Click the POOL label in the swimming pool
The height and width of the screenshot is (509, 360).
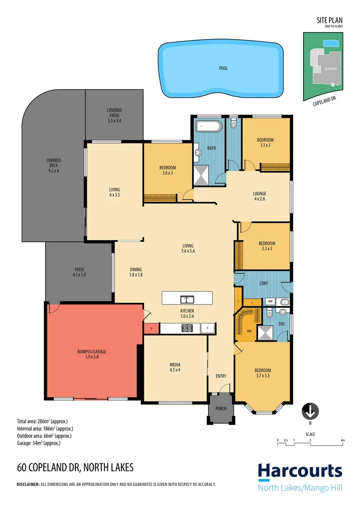pos(223,68)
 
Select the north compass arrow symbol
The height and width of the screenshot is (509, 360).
pos(310,411)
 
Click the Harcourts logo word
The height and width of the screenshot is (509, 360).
pos(300,471)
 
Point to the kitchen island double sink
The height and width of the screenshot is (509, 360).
pos(187,299)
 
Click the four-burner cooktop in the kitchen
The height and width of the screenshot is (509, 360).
pos(187,328)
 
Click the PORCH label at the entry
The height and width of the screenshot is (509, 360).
pos(221,409)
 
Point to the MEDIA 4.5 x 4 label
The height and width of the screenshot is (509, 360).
pos(175,367)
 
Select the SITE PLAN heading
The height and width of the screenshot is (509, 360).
pos(329,20)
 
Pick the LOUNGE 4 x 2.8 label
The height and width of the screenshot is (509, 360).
pos(259,196)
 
